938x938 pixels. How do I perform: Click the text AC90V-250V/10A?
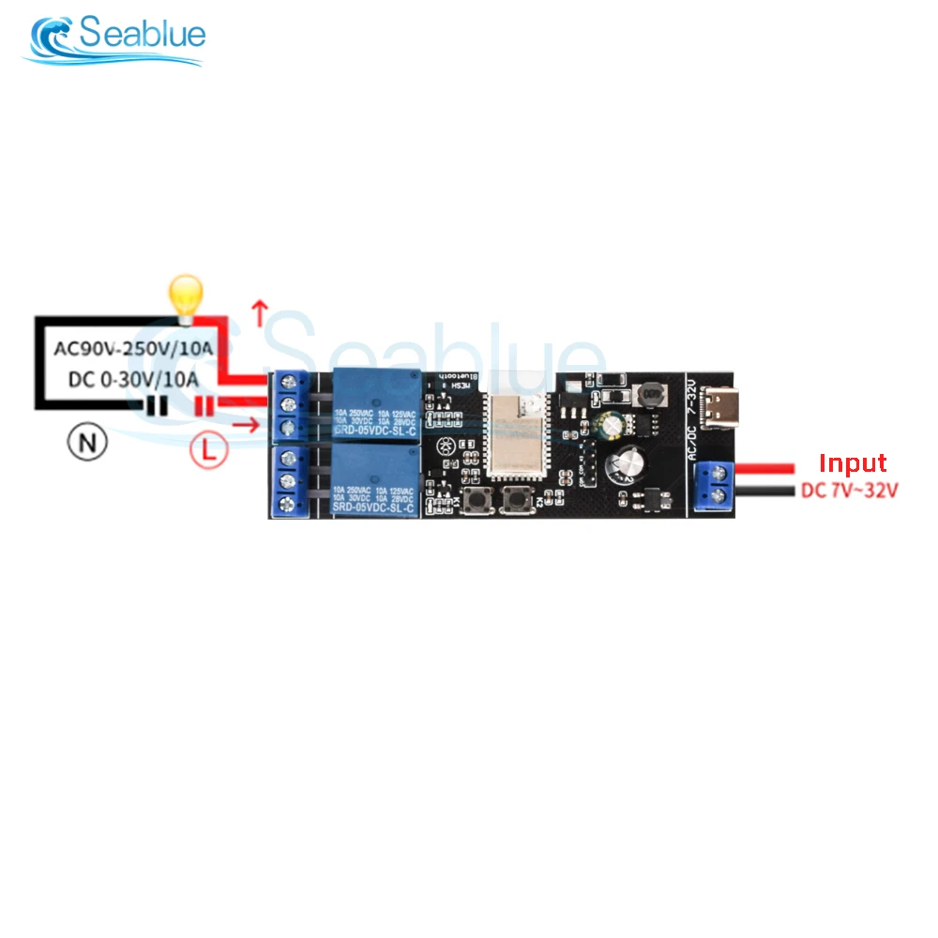point(134,350)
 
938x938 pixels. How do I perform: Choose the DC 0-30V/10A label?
point(134,379)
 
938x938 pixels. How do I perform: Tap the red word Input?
point(853,463)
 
